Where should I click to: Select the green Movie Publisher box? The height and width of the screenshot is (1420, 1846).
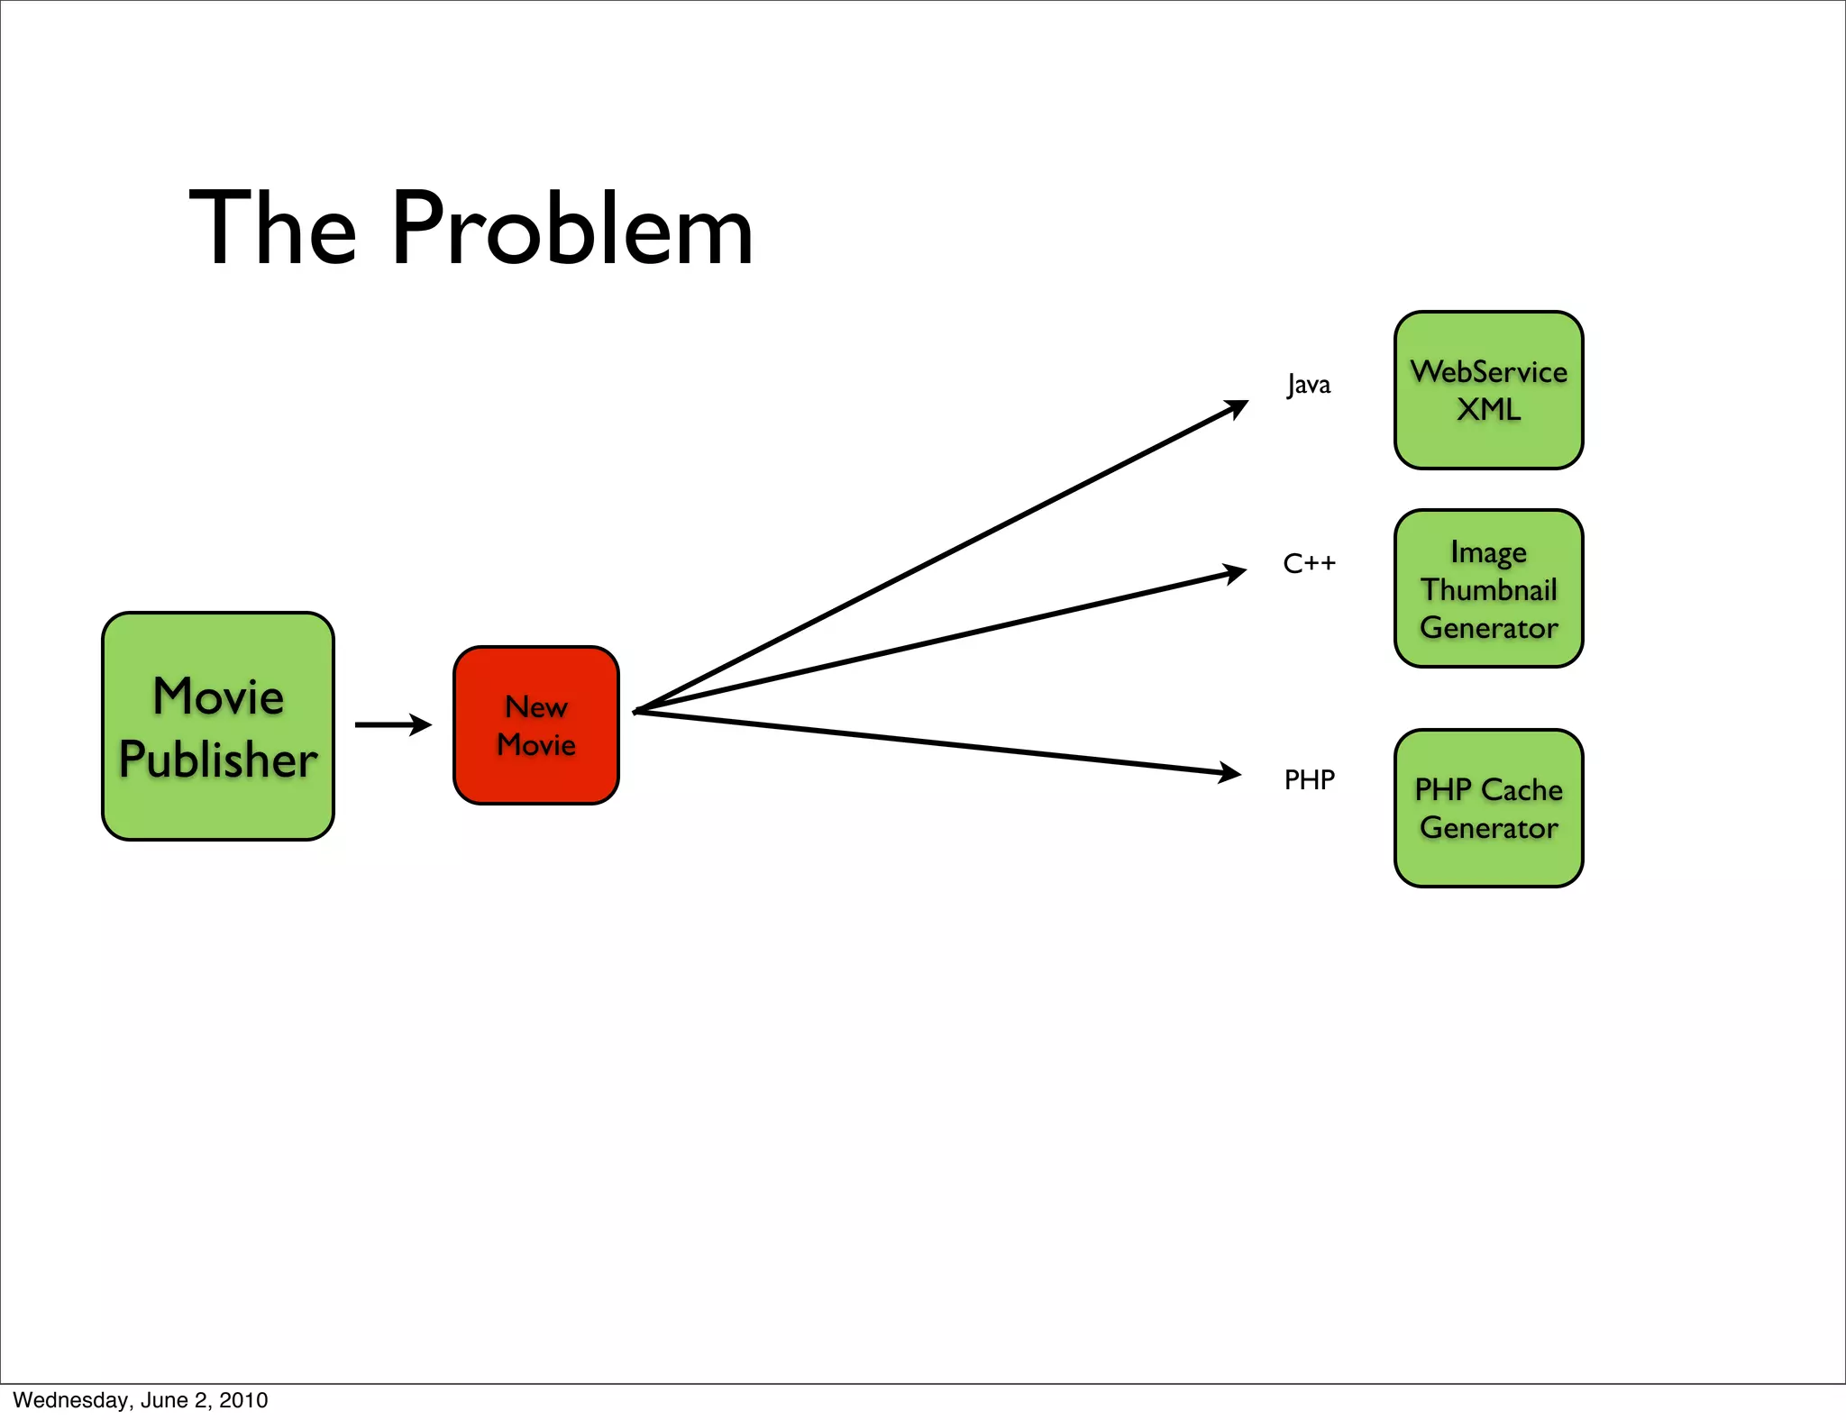coord(218,726)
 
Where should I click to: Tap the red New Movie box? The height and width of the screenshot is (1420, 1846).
coord(536,725)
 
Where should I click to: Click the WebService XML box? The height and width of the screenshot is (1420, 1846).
coord(1488,390)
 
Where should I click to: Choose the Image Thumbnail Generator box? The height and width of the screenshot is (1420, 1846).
coord(1488,588)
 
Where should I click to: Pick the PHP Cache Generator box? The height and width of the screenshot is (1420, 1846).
coord(1488,808)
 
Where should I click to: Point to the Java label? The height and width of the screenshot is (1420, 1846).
coord(1308,385)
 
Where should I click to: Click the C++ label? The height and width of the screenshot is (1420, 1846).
coord(1309,564)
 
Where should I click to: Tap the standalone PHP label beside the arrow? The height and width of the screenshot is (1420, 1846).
coord(1309,779)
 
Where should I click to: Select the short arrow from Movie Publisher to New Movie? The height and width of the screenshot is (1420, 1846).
coord(393,724)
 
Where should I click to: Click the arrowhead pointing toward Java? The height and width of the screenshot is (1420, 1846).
coord(1238,407)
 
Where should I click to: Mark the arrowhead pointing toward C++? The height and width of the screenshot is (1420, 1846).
coord(1235,573)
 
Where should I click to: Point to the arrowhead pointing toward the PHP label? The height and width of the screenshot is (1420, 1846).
coord(1230,772)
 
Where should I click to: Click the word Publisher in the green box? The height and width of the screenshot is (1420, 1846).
coord(218,759)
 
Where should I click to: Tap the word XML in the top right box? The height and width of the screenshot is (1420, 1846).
coord(1488,410)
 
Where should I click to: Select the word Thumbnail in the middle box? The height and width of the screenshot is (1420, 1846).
coord(1488,590)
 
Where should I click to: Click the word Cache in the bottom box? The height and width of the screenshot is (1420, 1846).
coord(1522,790)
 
